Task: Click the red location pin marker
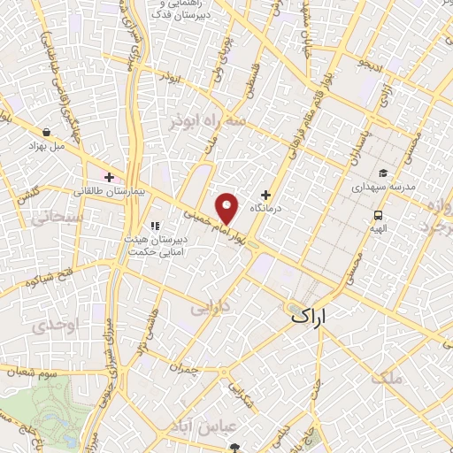click(227, 208)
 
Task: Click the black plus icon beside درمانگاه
click(265, 195)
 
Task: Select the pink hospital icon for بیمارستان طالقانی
click(109, 178)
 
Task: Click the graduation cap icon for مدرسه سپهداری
click(383, 173)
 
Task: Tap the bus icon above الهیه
click(379, 214)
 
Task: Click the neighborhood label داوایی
click(210, 309)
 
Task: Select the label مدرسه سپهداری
click(383, 188)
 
